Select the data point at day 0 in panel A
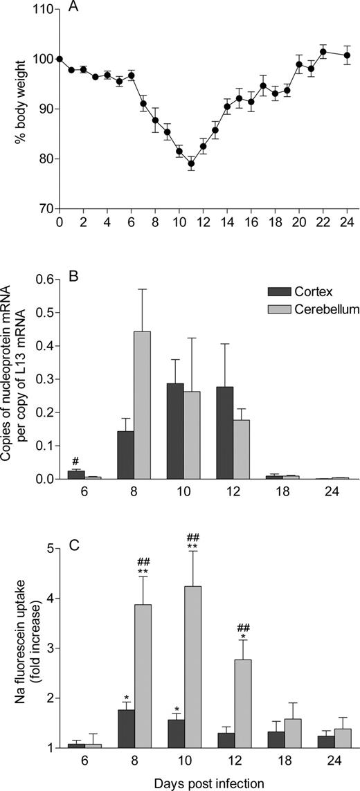(x=60, y=60)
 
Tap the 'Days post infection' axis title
(x=190, y=783)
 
